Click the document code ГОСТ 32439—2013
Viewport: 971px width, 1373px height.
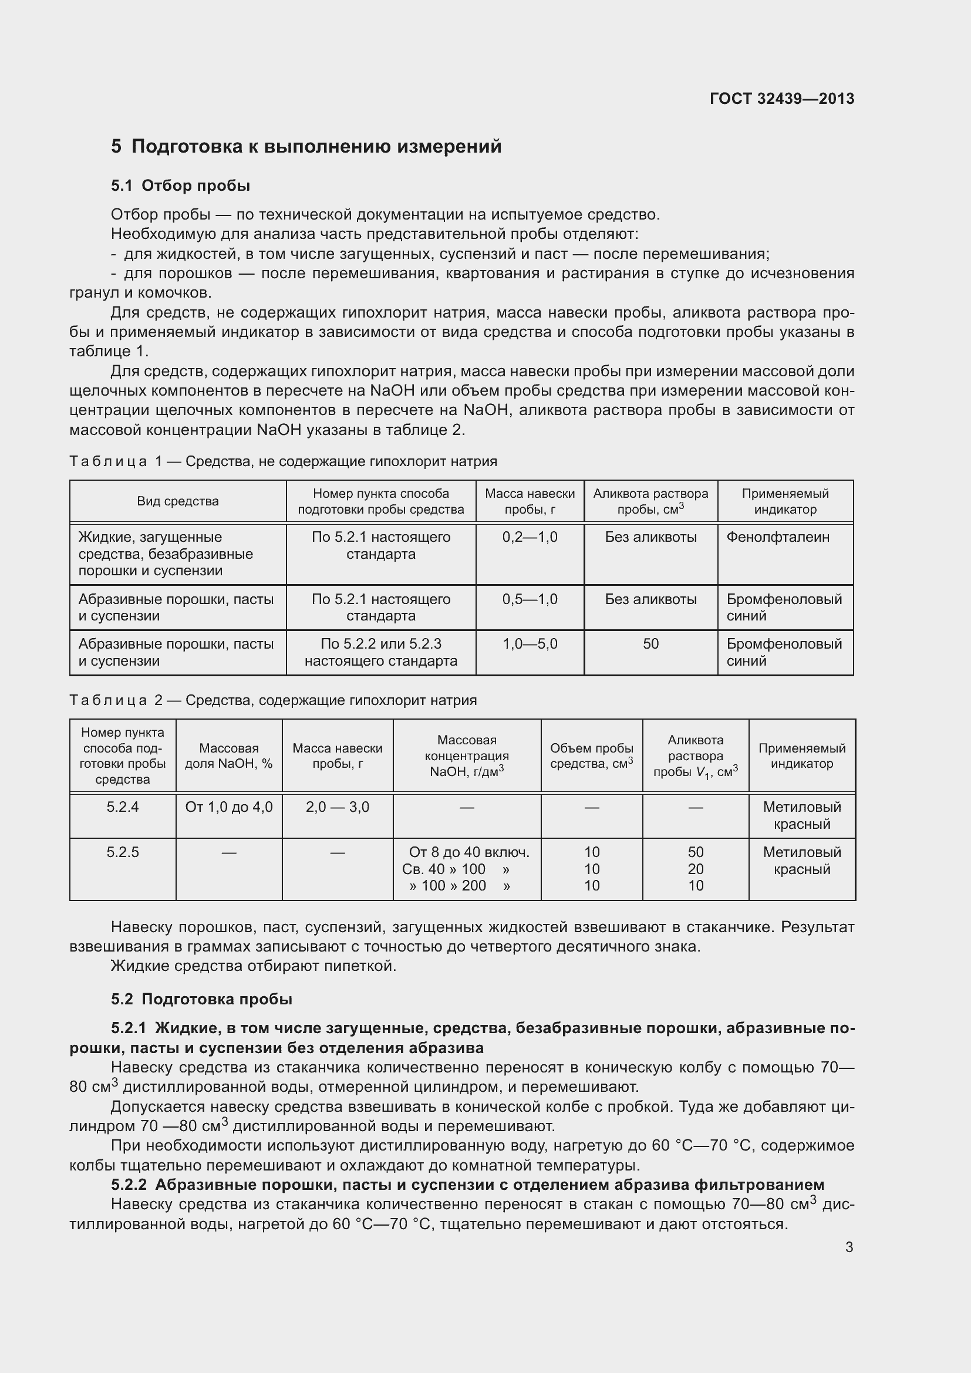pos(781,99)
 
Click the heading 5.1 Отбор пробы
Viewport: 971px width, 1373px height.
pos(180,185)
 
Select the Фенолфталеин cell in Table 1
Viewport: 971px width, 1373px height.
pos(777,537)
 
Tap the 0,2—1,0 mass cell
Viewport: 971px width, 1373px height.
pos(529,537)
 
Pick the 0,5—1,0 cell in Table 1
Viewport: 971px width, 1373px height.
pos(529,599)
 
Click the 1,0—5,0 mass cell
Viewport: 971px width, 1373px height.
pos(529,644)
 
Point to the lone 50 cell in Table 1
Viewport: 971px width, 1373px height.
pos(650,644)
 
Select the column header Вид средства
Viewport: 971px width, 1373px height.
pos(177,501)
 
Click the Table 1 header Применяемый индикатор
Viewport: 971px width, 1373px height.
pos(784,501)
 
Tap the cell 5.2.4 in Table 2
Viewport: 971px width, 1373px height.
pos(123,807)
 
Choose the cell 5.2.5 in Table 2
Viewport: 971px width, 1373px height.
pos(123,852)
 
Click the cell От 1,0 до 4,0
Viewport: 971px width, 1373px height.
pos(228,807)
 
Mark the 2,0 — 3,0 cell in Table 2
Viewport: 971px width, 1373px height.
pos(337,807)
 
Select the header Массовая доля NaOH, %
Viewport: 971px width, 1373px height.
pos(228,756)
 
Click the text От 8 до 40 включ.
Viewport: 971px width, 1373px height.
pos(468,852)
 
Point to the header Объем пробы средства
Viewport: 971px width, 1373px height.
pos(591,756)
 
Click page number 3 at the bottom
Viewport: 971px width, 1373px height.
pos(849,1247)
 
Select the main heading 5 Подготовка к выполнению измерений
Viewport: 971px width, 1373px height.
pos(306,147)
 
